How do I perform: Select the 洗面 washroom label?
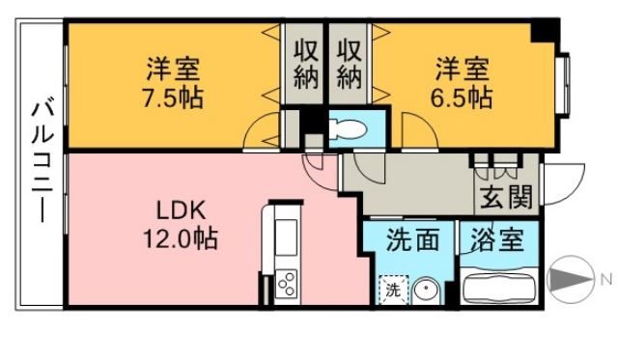tap(407, 238)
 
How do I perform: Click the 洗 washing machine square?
tap(392, 289)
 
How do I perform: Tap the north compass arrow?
tap(569, 280)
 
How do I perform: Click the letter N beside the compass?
tap(605, 280)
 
